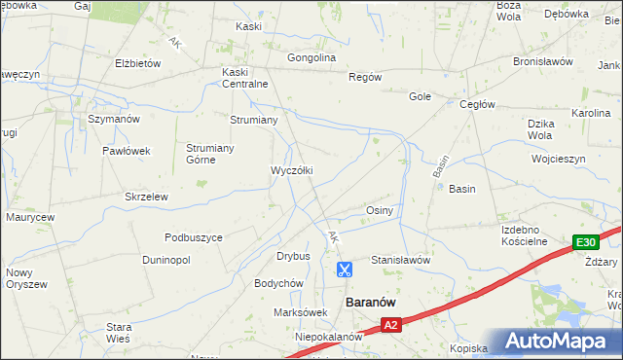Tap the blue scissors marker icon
(344, 269)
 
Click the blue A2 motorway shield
(390, 325)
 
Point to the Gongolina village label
(311, 57)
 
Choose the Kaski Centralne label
(244, 78)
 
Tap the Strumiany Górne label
(208, 154)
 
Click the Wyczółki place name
(291, 170)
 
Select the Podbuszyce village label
(194, 237)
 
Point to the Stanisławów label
(400, 261)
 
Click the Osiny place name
(379, 211)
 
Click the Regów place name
(364, 78)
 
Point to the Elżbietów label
(137, 62)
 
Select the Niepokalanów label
(330, 337)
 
